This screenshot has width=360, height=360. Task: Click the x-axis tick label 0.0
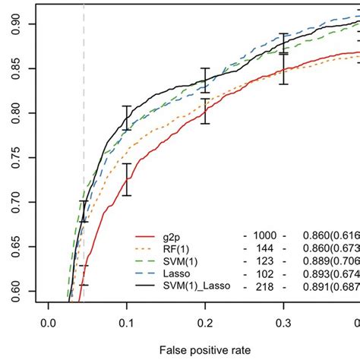pos(49,321)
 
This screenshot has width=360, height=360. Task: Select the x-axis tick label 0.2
pos(204,321)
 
